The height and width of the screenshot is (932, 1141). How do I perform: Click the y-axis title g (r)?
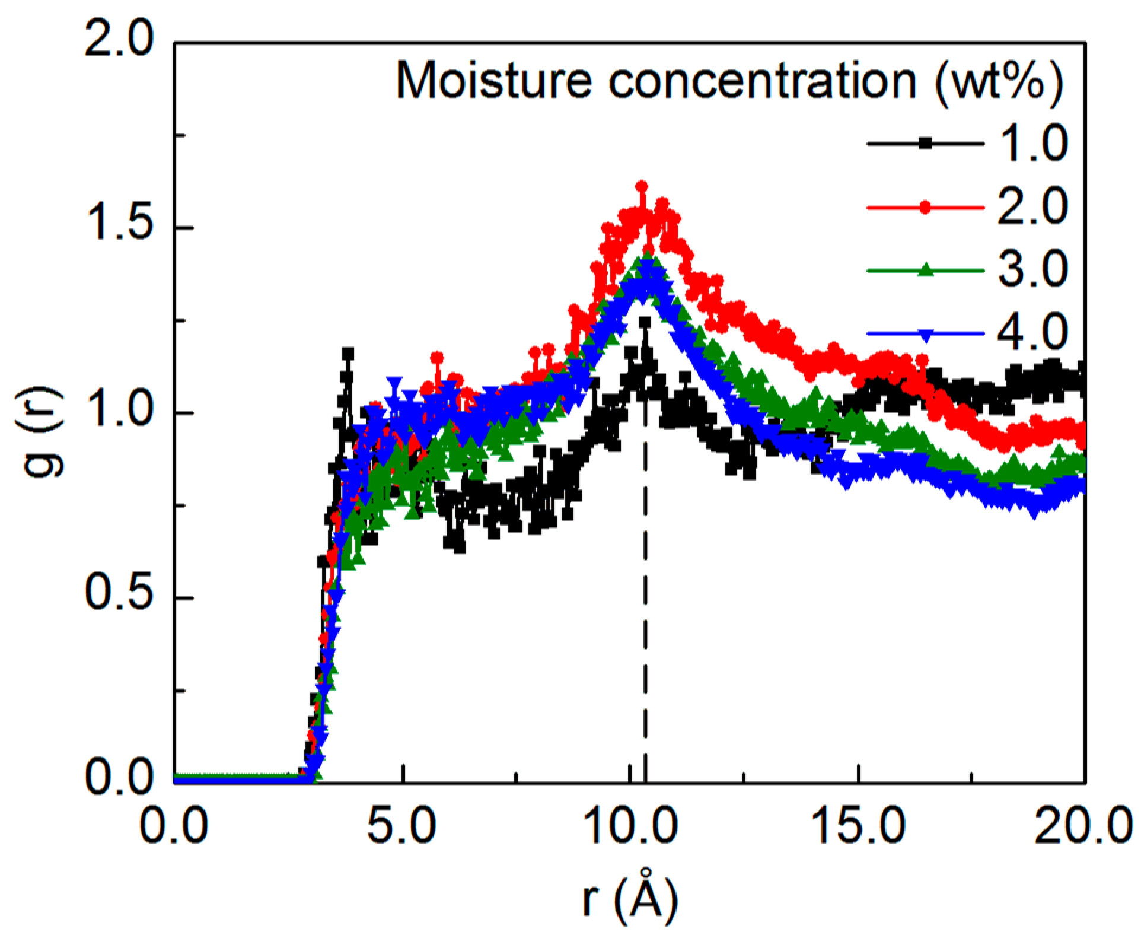(39, 432)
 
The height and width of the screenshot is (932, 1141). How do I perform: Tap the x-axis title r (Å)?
(630, 898)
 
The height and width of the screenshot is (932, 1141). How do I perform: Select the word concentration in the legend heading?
(763, 81)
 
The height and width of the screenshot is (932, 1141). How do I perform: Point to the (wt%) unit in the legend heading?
(1000, 82)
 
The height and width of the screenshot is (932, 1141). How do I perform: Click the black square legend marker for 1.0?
(925, 143)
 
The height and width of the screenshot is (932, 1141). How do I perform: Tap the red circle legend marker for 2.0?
(925, 207)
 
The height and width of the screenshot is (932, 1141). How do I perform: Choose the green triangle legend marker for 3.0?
(925, 271)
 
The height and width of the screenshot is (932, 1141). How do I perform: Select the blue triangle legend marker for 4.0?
(925, 335)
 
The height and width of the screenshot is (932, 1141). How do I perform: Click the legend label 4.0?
(1032, 332)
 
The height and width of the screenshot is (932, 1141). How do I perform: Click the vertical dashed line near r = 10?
(645, 593)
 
